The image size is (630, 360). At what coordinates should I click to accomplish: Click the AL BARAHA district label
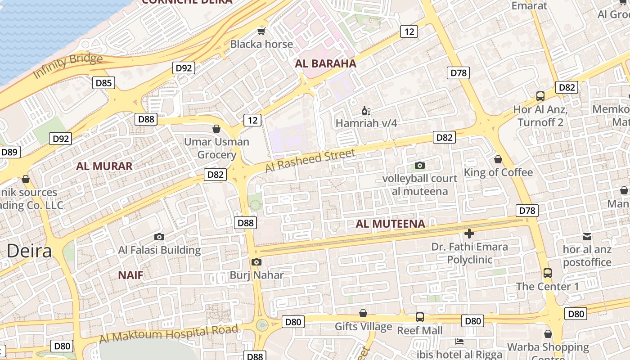(325, 63)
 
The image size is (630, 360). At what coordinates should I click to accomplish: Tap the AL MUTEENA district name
(390, 224)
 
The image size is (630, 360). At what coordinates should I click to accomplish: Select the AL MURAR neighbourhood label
(104, 166)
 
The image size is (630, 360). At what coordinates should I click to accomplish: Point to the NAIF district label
(130, 275)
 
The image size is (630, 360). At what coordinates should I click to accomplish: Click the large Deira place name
(29, 251)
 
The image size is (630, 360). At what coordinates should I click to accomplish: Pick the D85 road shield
(103, 83)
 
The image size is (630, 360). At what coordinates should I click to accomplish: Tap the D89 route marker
(9, 152)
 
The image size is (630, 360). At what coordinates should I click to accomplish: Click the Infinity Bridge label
(68, 65)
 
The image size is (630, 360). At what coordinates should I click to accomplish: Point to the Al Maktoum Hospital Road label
(168, 334)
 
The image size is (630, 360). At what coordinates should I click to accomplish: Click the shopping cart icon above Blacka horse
(261, 31)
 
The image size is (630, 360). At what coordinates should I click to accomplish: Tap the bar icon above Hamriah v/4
(366, 110)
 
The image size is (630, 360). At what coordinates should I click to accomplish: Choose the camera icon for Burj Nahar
(256, 262)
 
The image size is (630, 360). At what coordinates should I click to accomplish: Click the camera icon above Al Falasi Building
(159, 237)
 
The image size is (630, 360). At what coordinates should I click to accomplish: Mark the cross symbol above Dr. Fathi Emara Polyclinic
(469, 234)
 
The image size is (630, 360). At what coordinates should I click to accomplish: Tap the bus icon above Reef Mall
(419, 317)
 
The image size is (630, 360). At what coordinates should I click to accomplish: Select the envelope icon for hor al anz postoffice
(587, 236)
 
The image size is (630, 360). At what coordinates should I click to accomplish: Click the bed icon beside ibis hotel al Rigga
(459, 342)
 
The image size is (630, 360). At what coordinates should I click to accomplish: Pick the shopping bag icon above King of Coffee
(498, 159)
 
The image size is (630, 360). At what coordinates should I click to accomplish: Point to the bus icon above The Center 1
(548, 273)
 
